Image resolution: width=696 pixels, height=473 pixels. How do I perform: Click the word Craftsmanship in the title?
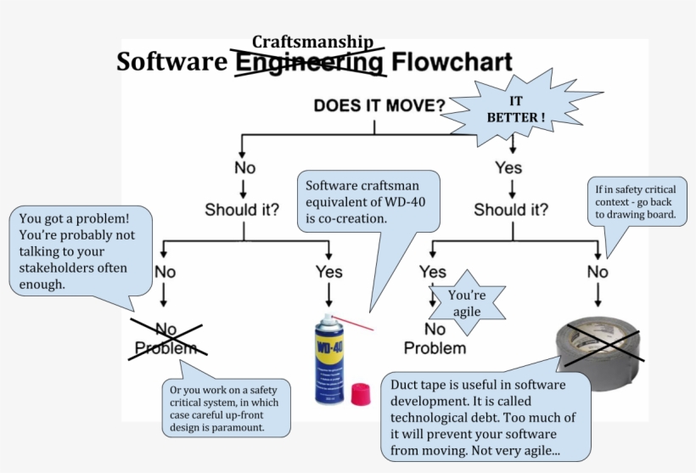coord(312,42)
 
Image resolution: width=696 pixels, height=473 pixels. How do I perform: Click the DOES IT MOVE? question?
coord(379,106)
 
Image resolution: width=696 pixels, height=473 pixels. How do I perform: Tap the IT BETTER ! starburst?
coord(515,109)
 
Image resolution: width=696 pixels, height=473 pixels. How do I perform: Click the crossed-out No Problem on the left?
coord(166,338)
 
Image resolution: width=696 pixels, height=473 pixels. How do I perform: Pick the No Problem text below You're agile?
coord(435,339)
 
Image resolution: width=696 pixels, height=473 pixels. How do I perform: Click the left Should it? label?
coord(242,209)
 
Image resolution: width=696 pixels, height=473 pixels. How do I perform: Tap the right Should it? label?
coord(511,209)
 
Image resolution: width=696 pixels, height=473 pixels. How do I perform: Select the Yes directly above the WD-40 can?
coord(329,272)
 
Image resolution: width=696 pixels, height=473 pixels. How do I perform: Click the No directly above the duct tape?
coord(598,272)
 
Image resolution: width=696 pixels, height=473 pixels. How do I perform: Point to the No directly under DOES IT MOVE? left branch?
coord(244,167)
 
